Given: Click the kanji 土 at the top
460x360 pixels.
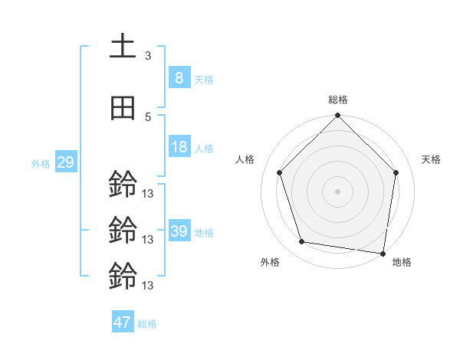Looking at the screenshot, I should tap(123, 47).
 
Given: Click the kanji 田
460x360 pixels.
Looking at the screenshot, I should tap(123, 109).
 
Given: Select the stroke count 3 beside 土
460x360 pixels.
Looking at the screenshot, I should tap(148, 56).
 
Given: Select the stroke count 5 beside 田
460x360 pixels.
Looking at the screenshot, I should tap(148, 116).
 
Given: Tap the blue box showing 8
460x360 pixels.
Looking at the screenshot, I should tap(179, 77).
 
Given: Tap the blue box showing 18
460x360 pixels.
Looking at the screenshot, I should tap(179, 147).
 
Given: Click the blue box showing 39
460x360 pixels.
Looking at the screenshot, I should tap(179, 231).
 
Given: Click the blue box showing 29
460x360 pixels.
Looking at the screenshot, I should tap(64, 162).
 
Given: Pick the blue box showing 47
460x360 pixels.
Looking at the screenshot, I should tap(122, 322).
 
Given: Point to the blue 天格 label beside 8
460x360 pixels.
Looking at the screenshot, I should tap(203, 79).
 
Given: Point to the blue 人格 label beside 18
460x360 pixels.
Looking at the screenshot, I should tap(203, 148).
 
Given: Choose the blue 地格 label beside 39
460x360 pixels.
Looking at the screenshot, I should tap(203, 232).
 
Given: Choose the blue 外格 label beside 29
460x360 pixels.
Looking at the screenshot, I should tap(41, 163).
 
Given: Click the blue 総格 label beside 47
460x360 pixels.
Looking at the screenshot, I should tap(147, 324).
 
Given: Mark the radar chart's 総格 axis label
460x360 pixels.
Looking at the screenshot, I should tap(337, 100).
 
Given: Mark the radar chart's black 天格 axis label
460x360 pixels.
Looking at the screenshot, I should tap(432, 159).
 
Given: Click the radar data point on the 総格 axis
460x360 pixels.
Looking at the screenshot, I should tap(337, 116).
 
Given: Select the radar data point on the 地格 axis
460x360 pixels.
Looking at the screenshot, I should tap(383, 253).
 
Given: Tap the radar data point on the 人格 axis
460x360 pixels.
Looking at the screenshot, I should tap(280, 172).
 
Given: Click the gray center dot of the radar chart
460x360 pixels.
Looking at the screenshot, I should tap(337, 191).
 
